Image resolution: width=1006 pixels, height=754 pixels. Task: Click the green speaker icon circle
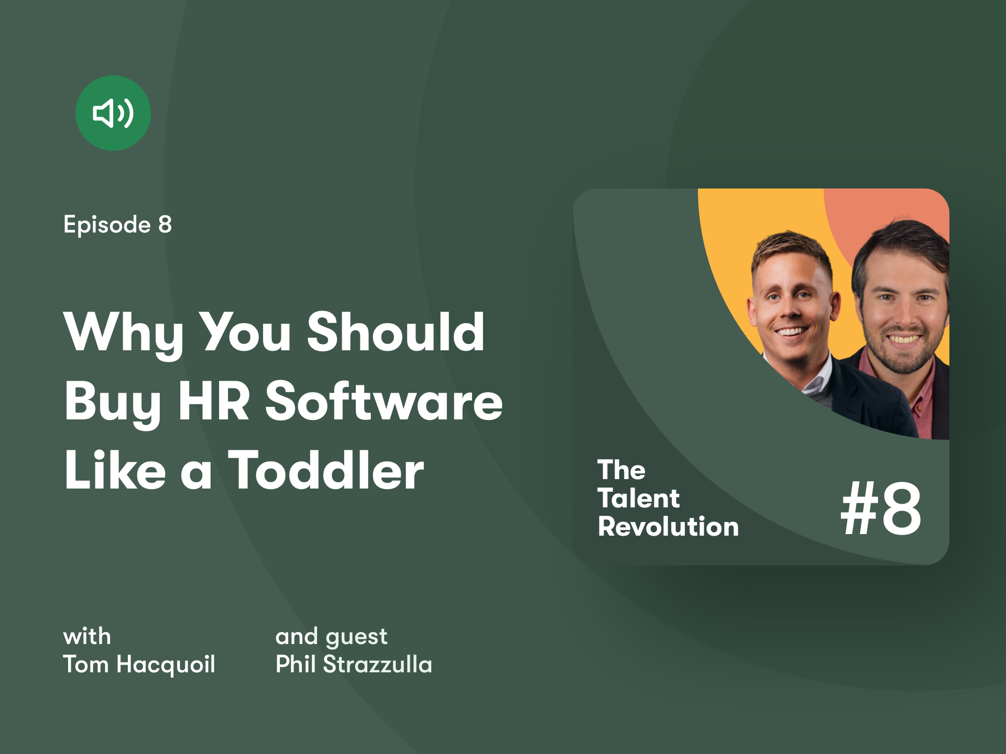113,113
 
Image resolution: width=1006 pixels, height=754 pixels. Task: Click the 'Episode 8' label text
117,225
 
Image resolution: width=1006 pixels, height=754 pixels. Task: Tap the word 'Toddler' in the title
326,470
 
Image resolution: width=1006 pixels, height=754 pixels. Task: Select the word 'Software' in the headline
384,401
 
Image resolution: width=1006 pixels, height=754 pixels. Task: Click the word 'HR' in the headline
214,401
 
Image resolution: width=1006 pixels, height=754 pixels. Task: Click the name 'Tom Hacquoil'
139,664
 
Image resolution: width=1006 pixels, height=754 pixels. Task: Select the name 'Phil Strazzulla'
354,664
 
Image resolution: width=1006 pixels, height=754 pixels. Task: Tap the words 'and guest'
331,637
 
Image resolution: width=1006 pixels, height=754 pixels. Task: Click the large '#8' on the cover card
881,508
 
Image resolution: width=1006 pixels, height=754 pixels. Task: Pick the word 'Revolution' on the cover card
668,526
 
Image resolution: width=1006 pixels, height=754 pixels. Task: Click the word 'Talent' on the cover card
639,498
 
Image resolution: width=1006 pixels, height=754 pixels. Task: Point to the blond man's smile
791,331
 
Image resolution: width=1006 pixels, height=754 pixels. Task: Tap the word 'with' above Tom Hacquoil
87,637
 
